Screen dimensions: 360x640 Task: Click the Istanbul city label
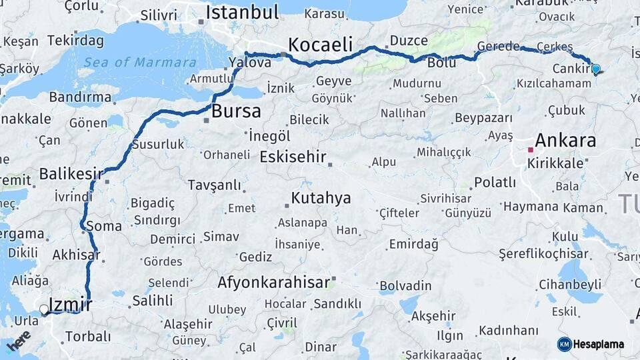click(242, 12)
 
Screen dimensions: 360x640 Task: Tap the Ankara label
click(565, 141)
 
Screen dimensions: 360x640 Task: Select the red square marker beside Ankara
click(531, 149)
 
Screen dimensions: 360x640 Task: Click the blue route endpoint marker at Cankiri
click(595, 68)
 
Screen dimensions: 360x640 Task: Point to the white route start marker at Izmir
click(44, 309)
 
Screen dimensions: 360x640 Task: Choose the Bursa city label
click(236, 111)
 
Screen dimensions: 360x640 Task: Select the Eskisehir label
click(293, 157)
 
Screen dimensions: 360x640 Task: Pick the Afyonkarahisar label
click(273, 283)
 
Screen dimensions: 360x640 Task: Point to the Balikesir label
click(71, 174)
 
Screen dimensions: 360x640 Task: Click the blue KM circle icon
click(564, 344)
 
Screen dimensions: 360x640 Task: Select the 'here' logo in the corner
click(19, 340)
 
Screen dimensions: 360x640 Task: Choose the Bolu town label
click(441, 63)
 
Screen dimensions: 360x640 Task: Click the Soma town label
click(104, 226)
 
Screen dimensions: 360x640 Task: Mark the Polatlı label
click(495, 183)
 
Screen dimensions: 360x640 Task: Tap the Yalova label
click(249, 63)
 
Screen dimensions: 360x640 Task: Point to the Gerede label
click(498, 46)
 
